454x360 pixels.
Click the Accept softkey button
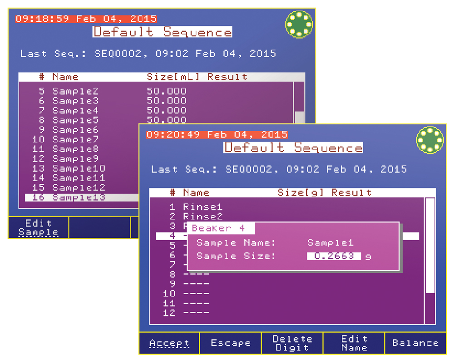(169, 343)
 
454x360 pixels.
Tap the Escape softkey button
(231, 343)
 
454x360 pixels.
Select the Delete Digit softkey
(292, 343)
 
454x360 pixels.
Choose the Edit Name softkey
(354, 343)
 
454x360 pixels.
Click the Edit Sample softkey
(38, 227)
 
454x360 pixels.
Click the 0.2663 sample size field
(334, 256)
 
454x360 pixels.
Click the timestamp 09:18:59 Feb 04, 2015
(86, 19)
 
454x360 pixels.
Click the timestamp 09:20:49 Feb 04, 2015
(217, 135)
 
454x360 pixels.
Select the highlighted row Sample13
(79, 197)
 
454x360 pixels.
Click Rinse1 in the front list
(203, 207)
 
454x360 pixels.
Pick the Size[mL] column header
(173, 77)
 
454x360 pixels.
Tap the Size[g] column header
(301, 192)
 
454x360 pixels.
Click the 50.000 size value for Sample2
(167, 91)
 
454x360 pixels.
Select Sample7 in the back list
(75, 139)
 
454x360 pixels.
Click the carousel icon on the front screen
(429, 139)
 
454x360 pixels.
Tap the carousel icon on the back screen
(299, 24)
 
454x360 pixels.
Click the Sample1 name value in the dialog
(331, 242)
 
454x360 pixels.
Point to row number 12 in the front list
(169, 313)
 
